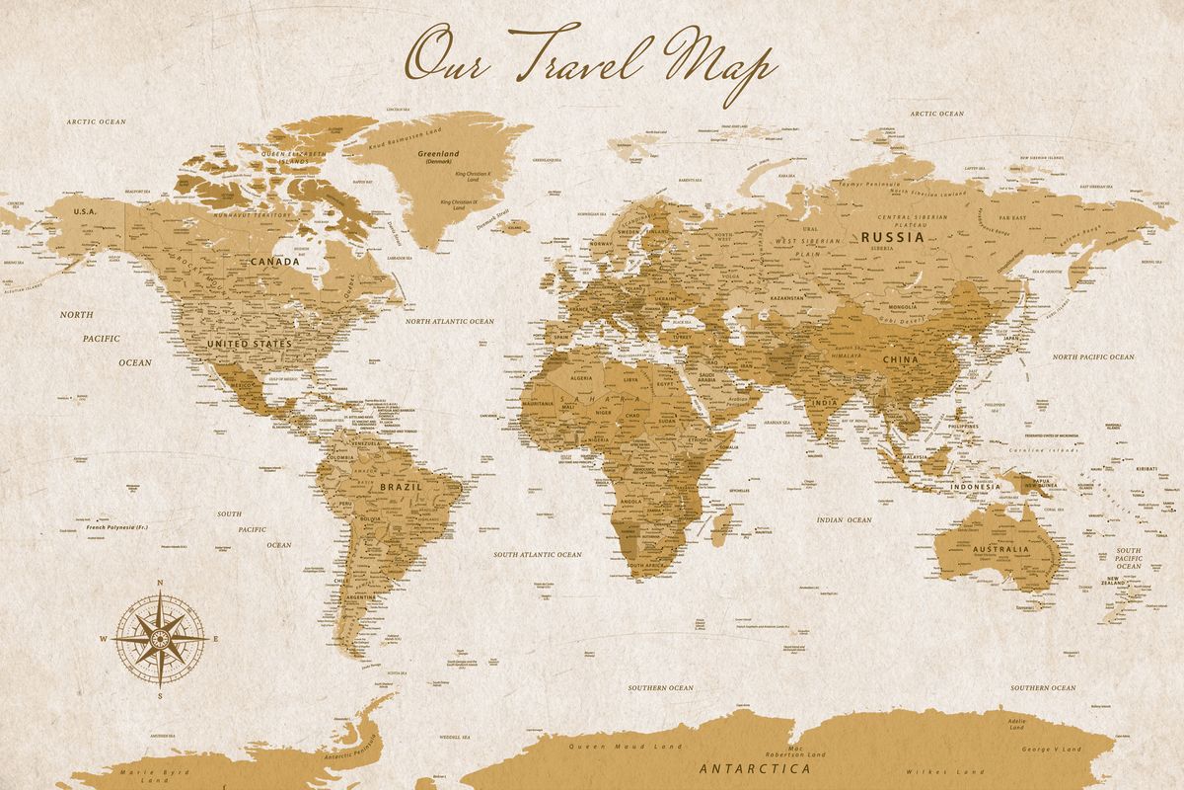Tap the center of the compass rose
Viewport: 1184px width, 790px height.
pyautogui.click(x=160, y=637)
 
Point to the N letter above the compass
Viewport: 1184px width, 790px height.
pyautogui.click(x=160, y=582)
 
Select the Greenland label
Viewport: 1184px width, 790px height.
pyautogui.click(x=438, y=154)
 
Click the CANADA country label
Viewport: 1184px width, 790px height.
pyautogui.click(x=275, y=262)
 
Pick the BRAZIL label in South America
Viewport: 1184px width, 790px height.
pyautogui.click(x=401, y=487)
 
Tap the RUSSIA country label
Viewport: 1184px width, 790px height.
pyautogui.click(x=892, y=237)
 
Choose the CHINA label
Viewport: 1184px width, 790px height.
pyautogui.click(x=900, y=360)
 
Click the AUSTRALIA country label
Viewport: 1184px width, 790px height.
pyautogui.click(x=999, y=548)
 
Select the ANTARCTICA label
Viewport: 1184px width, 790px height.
pyautogui.click(x=755, y=767)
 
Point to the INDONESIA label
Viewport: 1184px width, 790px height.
pyautogui.click(x=975, y=487)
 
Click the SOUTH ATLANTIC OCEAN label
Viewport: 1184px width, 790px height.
pyautogui.click(x=538, y=555)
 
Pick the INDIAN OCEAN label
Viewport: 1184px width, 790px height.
pyautogui.click(x=845, y=519)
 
